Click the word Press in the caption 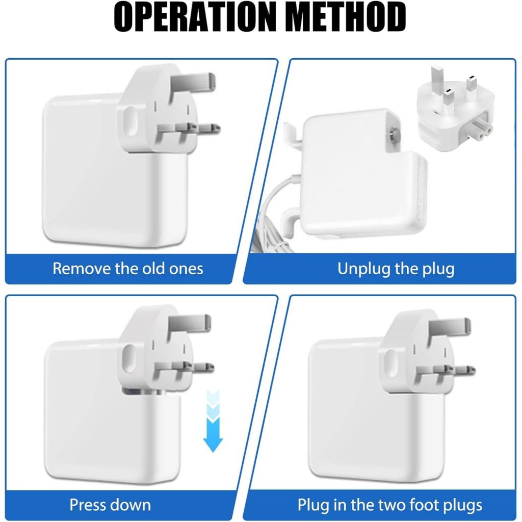pos(88,505)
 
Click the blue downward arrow pos(213,421)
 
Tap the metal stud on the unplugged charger pos(394,134)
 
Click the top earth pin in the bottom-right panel pos(450,328)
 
